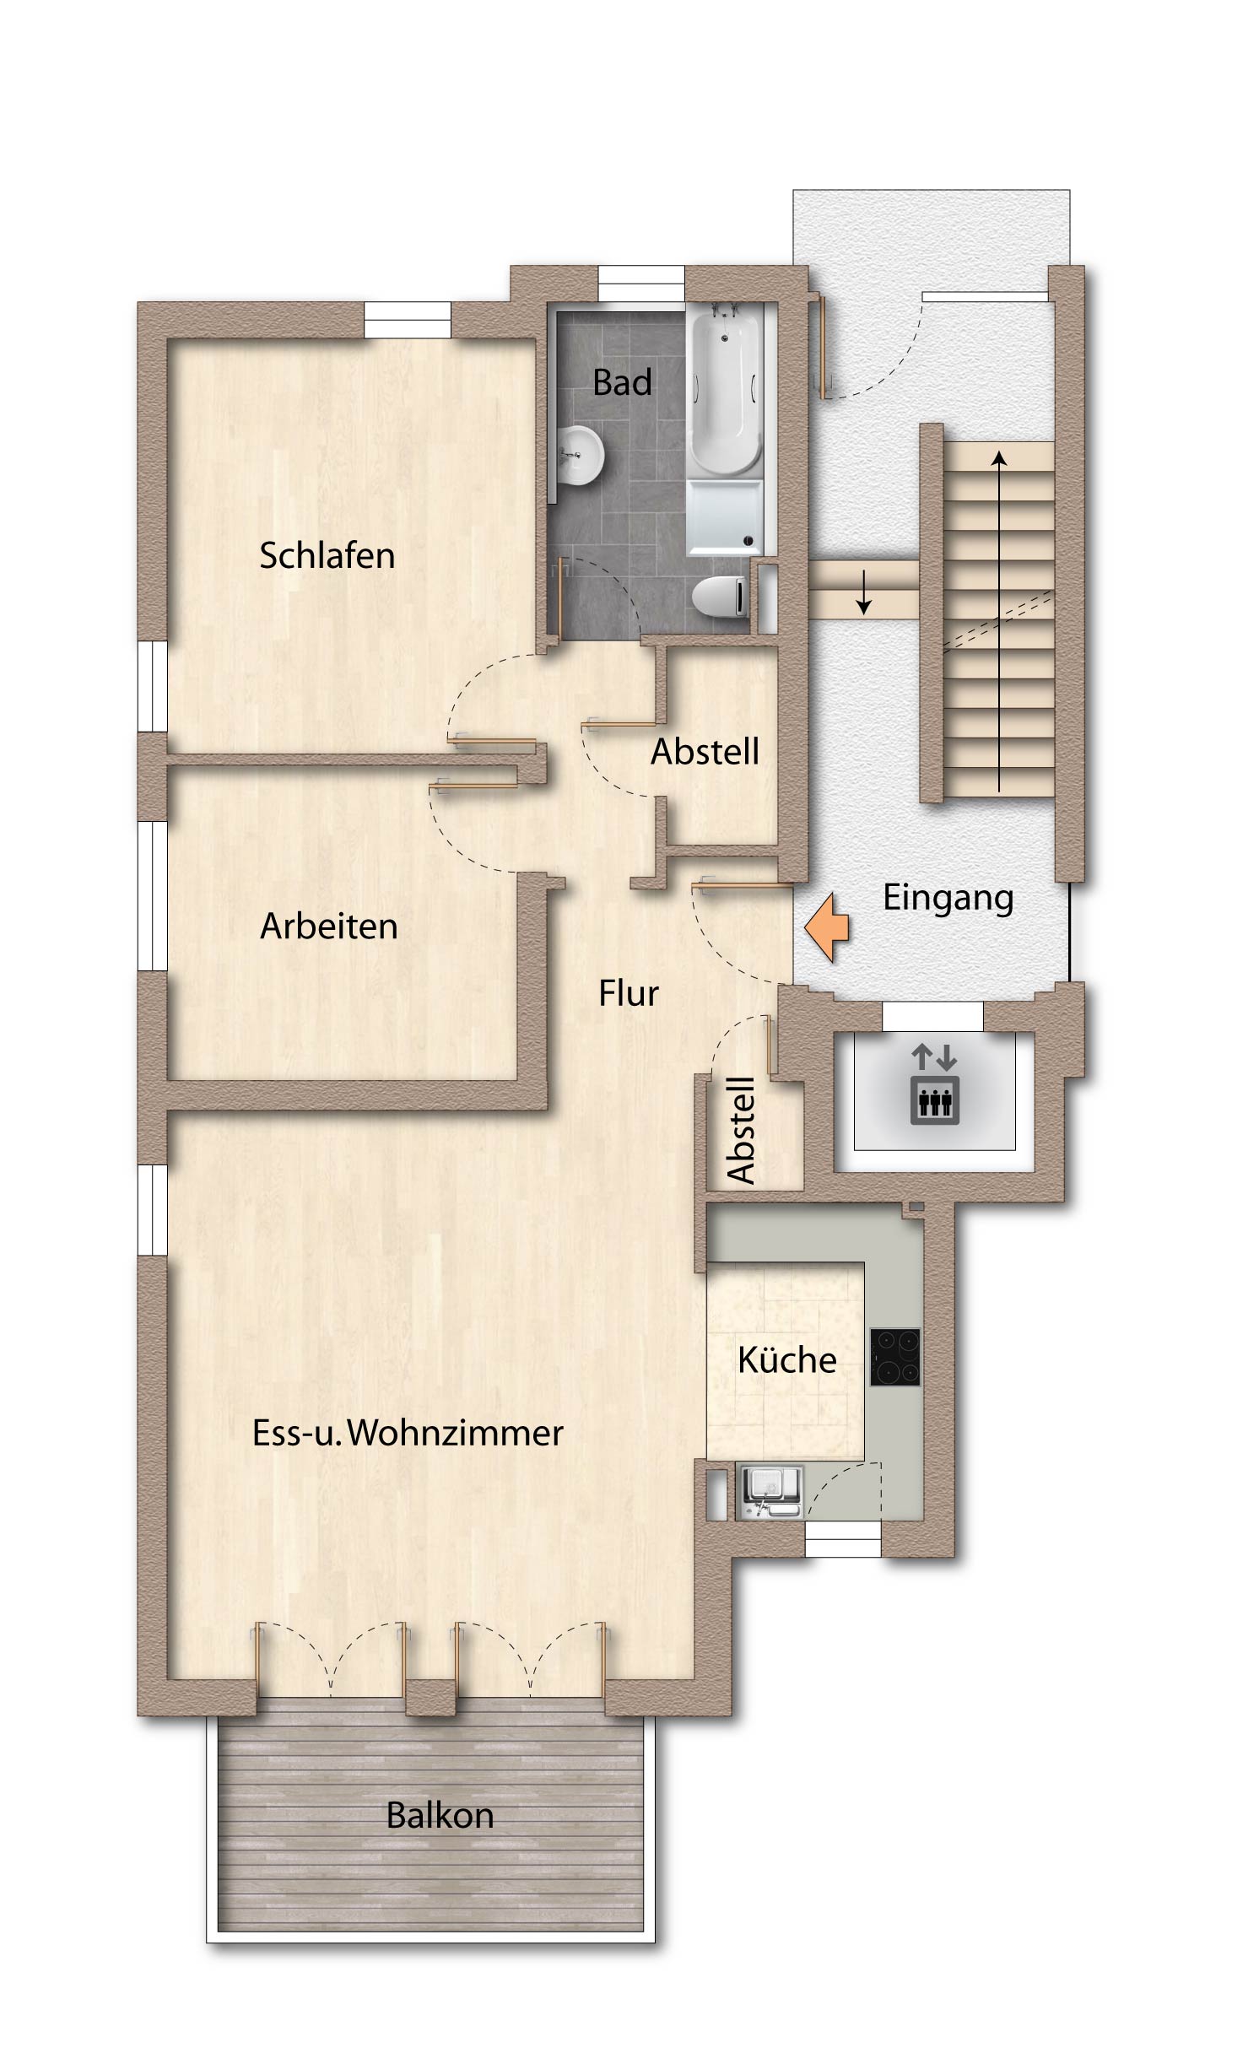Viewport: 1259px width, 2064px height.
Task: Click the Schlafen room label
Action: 327,555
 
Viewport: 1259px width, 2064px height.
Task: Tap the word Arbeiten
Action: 328,926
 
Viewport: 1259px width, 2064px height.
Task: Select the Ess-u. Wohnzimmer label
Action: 408,1432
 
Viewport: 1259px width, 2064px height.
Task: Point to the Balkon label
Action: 440,1815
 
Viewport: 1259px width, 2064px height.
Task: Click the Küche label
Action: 786,1359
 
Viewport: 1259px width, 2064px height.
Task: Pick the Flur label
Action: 628,993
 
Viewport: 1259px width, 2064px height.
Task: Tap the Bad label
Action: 622,382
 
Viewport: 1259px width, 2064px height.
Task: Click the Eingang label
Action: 948,898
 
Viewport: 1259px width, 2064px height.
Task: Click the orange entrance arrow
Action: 827,928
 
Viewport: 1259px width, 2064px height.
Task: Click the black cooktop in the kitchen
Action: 894,1357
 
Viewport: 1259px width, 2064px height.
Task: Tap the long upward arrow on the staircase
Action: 999,622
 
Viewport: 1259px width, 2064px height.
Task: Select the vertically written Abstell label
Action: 741,1130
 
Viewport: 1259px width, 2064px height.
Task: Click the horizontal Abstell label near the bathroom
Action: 705,751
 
